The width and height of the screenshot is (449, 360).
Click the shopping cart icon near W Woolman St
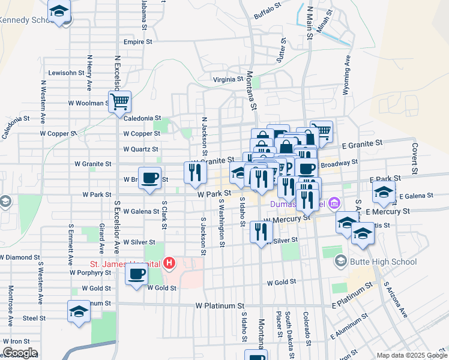point(120,101)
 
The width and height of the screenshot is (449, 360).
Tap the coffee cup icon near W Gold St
point(137,275)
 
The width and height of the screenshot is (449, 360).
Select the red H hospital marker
point(170,263)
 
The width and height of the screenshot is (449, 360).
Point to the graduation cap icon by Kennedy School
point(59,11)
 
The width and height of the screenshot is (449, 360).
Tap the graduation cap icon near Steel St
point(79,311)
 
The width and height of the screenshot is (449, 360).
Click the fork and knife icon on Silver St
point(261,231)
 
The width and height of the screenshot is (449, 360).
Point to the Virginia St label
point(228,79)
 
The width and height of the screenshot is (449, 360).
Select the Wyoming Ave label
point(346,76)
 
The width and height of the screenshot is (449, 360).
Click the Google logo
point(20,353)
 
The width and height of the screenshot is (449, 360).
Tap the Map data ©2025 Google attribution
point(411,355)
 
